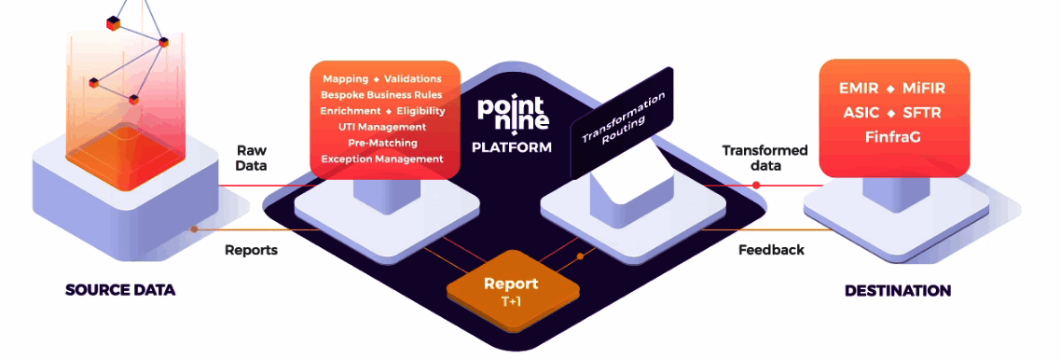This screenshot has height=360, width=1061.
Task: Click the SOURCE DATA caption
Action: tap(120, 290)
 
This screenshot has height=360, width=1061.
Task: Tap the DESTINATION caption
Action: tap(898, 291)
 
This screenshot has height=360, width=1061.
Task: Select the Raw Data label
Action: tap(251, 158)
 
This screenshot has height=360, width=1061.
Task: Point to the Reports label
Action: tap(251, 250)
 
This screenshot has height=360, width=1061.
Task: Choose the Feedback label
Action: tap(771, 250)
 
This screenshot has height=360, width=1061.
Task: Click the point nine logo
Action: tap(513, 112)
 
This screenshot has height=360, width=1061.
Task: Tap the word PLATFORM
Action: tap(512, 147)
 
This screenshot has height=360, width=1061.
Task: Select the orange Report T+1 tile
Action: tap(510, 290)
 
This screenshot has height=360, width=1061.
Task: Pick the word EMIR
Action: tap(855, 89)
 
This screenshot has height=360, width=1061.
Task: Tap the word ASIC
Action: tap(859, 113)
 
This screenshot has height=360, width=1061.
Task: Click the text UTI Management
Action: tap(382, 127)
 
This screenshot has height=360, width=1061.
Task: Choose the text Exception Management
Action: tap(382, 159)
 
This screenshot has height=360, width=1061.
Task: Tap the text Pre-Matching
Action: tap(382, 143)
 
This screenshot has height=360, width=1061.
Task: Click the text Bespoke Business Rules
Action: tap(382, 95)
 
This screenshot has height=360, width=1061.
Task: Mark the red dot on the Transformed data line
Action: tap(756, 185)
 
